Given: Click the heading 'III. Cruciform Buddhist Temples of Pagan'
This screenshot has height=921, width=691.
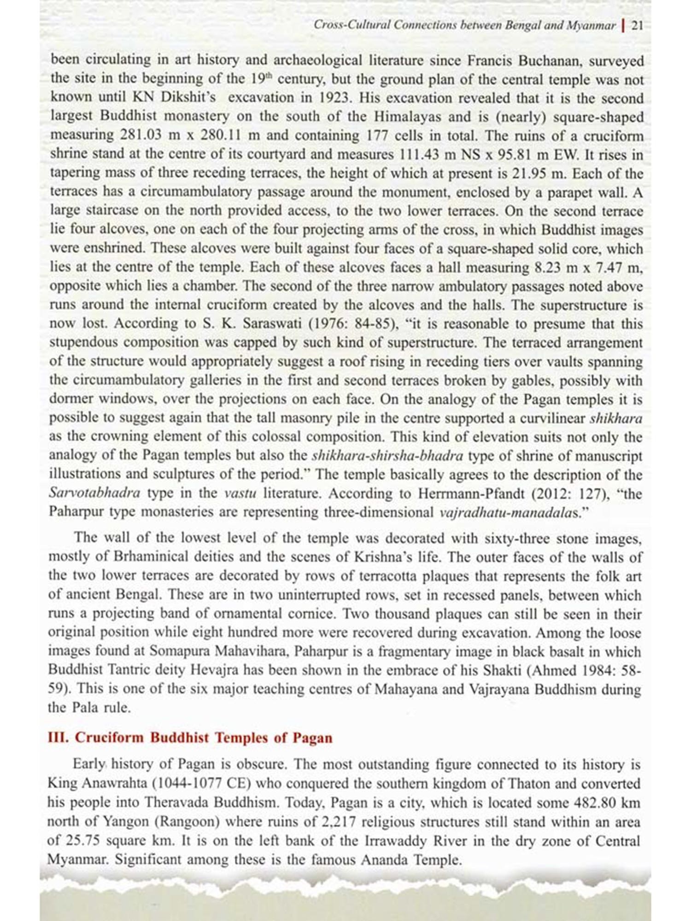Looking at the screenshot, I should pyautogui.click(x=190, y=738).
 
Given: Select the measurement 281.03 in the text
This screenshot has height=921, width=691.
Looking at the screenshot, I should pyautogui.click(x=142, y=136).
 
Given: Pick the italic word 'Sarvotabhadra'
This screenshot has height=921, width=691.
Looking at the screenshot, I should pyautogui.click(x=94, y=493).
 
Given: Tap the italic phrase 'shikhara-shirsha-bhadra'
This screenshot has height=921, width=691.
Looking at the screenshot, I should pyautogui.click(x=387, y=456).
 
